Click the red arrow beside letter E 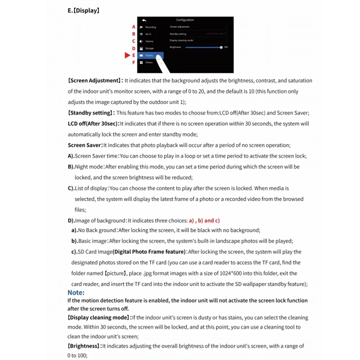[x=127, y=55]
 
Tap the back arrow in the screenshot [x=144, y=20]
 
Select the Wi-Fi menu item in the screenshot [x=148, y=34]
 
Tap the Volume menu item [x=149, y=41]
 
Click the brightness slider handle [x=221, y=48]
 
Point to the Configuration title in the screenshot [x=185, y=20]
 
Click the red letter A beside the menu [x=134, y=27]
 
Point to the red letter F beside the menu [x=134, y=62]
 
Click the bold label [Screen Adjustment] [x=94, y=81]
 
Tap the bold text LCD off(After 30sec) [x=93, y=124]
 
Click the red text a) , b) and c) [x=204, y=221]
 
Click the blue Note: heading [x=76, y=293]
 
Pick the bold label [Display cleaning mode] [x=99, y=318]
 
